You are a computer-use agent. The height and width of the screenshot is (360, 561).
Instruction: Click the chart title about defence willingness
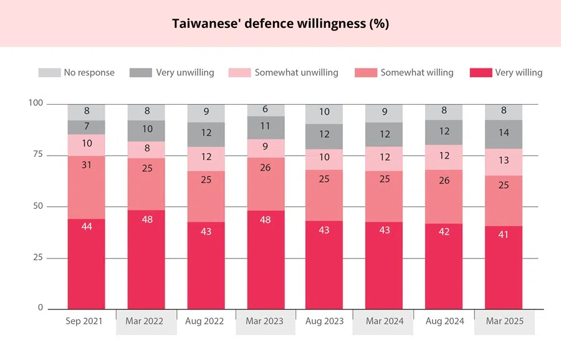pos(280,24)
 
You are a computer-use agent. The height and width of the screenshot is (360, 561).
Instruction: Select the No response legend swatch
pos(49,73)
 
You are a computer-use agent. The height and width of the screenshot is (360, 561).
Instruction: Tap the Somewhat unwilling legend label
pos(296,73)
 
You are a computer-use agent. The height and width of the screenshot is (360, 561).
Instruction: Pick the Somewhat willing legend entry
pos(417,73)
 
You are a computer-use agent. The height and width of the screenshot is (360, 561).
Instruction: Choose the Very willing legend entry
pos(519,73)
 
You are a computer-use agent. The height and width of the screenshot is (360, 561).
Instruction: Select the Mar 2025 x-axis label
pos(505,321)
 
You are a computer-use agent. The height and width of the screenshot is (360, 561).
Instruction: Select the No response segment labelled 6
pos(266,110)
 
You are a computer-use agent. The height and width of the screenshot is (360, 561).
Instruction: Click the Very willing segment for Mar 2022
pos(146,258)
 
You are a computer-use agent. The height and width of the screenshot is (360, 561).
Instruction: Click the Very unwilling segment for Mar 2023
pos(266,127)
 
